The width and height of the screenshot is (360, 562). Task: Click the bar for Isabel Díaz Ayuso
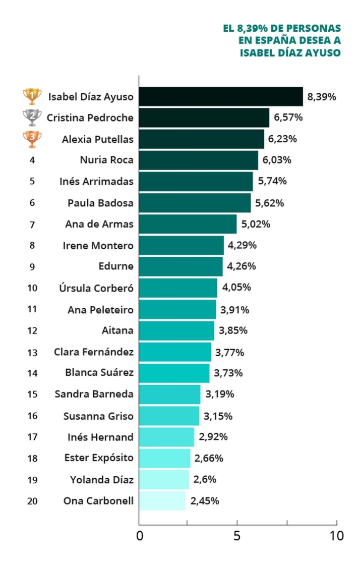pyautogui.click(x=221, y=96)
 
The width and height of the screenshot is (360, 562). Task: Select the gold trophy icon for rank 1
pyautogui.click(x=32, y=96)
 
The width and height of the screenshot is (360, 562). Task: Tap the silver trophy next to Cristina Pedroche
pyautogui.click(x=32, y=118)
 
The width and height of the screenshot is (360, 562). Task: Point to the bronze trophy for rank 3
pyautogui.click(x=32, y=139)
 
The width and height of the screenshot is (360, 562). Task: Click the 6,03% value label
pyautogui.click(x=277, y=160)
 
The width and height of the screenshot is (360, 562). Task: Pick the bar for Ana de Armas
pyautogui.click(x=188, y=224)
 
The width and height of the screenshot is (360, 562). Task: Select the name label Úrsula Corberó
pyautogui.click(x=96, y=288)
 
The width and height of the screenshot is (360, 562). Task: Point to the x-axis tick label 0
pyautogui.click(x=141, y=536)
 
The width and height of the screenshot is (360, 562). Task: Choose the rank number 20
pyautogui.click(x=32, y=501)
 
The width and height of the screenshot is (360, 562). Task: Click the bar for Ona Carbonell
pyautogui.click(x=162, y=501)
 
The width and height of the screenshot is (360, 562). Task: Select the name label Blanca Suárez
pyautogui.click(x=99, y=373)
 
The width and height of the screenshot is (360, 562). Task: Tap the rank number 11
pyautogui.click(x=32, y=309)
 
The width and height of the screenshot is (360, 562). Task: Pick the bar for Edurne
pyautogui.click(x=181, y=266)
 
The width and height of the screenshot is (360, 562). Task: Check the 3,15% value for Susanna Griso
pyautogui.click(x=218, y=416)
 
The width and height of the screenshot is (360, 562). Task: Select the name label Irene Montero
pyautogui.click(x=98, y=246)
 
